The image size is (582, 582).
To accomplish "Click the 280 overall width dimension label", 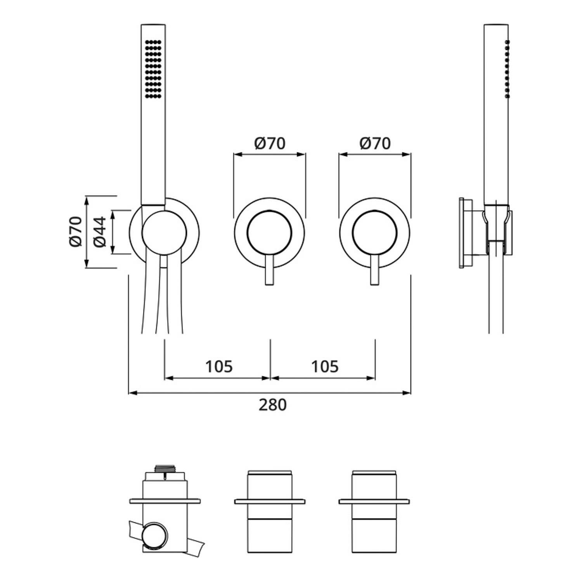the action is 272,405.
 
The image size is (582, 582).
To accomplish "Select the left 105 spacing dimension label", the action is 219,366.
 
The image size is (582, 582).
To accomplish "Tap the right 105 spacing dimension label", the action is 325,366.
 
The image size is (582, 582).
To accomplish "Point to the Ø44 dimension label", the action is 100,232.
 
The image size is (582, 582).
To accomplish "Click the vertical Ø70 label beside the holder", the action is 75,232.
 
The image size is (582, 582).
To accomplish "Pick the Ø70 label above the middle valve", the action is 270,144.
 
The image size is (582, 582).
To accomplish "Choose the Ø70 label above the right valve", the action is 375,144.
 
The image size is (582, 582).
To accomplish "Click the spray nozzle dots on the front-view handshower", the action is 153,68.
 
